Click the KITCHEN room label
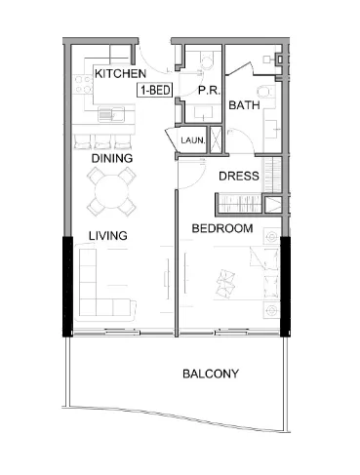(120, 74)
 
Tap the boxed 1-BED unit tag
(155, 90)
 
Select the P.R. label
(210, 91)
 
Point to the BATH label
(244, 105)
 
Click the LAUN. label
(193, 140)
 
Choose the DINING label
(112, 158)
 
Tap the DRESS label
(239, 176)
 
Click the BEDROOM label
(222, 228)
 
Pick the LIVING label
(108, 235)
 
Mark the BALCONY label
(211, 374)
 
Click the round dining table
(111, 192)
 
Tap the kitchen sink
(111, 114)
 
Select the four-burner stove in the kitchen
(83, 85)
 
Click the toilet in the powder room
(206, 60)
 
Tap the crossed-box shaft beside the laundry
(216, 139)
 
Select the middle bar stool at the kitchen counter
(103, 141)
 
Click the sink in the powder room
(204, 113)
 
